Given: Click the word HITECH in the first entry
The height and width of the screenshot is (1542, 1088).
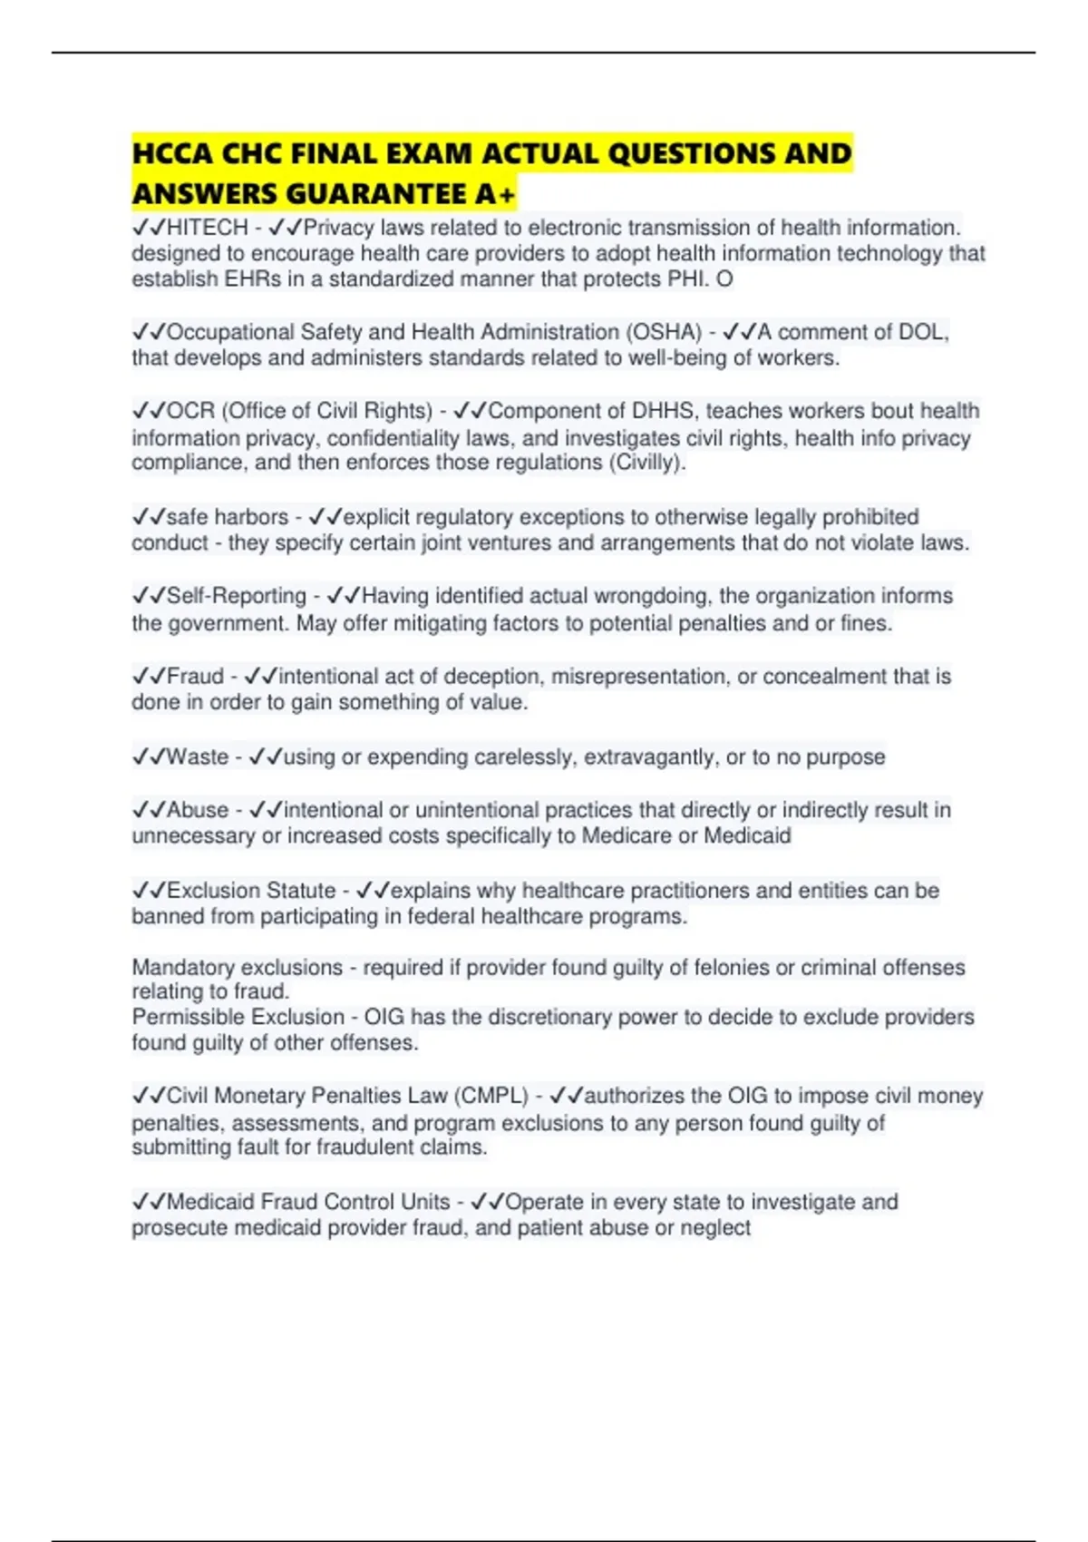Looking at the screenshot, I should pos(207,227).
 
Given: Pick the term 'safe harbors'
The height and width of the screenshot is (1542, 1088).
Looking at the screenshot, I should pos(227,517).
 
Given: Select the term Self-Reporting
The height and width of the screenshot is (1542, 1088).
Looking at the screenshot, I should pos(237,596).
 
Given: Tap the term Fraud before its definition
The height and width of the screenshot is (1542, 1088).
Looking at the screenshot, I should pos(195,676).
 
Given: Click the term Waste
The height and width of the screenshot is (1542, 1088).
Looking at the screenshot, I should pos(198,756).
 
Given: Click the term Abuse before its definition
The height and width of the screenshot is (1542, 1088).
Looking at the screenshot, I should pos(198,809).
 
